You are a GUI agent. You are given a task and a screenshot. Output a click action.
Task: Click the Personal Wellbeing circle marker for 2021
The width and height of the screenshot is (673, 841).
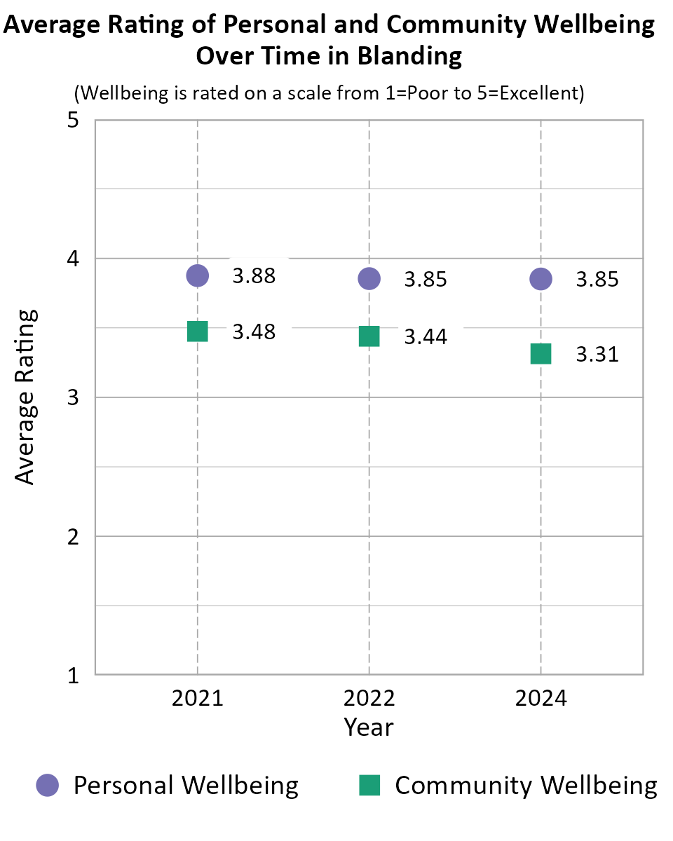click(198, 275)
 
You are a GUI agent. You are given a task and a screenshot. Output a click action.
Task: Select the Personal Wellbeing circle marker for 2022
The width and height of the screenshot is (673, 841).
click(369, 278)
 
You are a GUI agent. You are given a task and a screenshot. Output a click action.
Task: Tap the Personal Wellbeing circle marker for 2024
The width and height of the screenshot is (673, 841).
click(541, 278)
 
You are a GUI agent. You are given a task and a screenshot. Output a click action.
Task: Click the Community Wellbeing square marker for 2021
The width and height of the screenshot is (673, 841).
click(198, 331)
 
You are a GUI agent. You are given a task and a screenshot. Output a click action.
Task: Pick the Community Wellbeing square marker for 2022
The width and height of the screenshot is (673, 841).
click(369, 336)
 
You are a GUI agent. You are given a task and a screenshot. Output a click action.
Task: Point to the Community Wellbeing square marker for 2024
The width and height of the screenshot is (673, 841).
click(541, 354)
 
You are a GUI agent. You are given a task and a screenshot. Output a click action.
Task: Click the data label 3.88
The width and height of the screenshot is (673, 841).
click(254, 276)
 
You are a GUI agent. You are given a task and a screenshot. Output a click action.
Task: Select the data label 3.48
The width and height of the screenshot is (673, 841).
click(254, 332)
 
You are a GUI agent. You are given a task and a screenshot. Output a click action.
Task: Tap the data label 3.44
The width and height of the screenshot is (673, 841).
click(426, 337)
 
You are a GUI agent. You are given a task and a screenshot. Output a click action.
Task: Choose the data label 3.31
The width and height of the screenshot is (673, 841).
click(597, 355)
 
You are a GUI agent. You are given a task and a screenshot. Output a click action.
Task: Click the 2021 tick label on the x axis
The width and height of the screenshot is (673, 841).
click(198, 699)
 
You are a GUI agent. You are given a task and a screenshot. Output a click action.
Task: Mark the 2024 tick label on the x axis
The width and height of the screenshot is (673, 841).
click(541, 699)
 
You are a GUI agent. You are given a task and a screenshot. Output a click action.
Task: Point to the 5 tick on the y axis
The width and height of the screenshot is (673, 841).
click(72, 121)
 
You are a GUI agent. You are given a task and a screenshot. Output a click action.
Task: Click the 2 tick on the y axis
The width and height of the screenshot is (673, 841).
click(72, 537)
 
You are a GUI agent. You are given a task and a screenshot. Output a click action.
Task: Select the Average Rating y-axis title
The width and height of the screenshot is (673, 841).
click(25, 397)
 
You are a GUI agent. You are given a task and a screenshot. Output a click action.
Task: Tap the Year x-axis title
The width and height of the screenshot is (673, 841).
click(369, 727)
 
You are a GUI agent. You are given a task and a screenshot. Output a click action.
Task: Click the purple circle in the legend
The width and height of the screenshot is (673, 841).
click(48, 785)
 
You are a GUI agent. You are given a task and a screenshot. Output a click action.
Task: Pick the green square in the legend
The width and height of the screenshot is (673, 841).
click(369, 785)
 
